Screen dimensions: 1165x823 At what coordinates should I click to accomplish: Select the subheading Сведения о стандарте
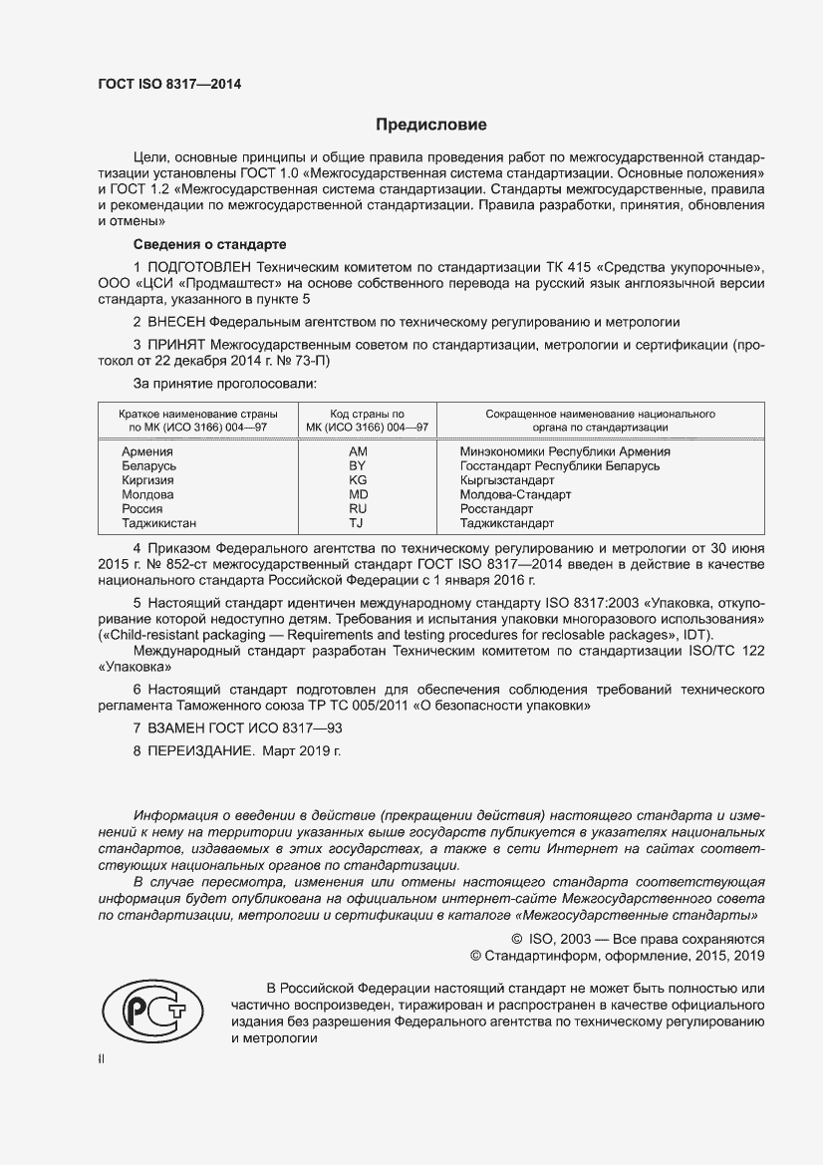[210, 244]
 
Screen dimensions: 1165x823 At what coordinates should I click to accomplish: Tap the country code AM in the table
[359, 451]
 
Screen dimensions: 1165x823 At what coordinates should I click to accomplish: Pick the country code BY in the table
[359, 465]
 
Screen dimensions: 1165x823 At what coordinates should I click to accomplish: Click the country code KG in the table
[359, 479]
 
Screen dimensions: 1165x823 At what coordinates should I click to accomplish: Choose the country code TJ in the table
[358, 522]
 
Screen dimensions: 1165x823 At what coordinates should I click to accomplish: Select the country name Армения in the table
[146, 451]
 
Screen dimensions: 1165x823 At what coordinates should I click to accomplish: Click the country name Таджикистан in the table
[159, 522]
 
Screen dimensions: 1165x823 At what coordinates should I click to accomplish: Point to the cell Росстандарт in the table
[497, 508]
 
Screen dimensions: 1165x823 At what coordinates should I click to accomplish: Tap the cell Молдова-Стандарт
[515, 494]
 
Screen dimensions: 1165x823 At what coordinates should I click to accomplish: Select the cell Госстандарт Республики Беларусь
[560, 465]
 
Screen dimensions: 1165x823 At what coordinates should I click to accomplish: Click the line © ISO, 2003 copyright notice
[637, 938]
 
